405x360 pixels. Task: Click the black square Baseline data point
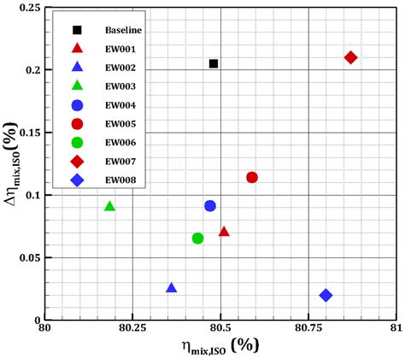pyautogui.click(x=214, y=64)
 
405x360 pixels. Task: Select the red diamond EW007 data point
pyautogui.click(x=350, y=57)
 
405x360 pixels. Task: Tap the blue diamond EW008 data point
pyautogui.click(x=326, y=295)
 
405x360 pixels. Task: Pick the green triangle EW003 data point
pyautogui.click(x=109, y=206)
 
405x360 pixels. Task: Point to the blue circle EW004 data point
pyautogui.click(x=210, y=206)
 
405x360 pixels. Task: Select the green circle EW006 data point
pyautogui.click(x=198, y=239)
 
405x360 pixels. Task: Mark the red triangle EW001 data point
pyautogui.click(x=224, y=232)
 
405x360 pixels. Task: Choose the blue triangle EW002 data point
pyautogui.click(x=172, y=288)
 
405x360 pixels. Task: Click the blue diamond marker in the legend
pyautogui.click(x=77, y=180)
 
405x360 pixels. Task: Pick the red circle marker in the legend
pyautogui.click(x=77, y=124)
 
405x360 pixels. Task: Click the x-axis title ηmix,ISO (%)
pyautogui.click(x=220, y=346)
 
